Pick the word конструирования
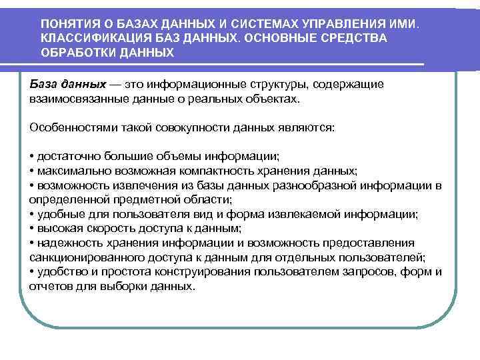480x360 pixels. [x=197, y=271]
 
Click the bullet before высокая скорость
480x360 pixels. [x=32, y=227]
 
